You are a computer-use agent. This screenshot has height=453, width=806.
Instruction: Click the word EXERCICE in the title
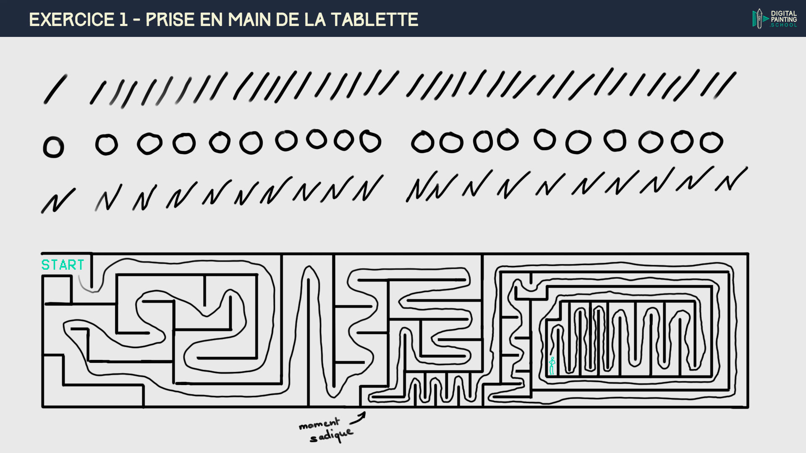tap(72, 20)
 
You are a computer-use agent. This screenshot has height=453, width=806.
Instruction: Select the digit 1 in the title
tap(123, 20)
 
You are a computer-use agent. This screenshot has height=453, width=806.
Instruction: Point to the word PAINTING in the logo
tap(784, 19)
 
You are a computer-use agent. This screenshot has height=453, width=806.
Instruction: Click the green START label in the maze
tap(63, 265)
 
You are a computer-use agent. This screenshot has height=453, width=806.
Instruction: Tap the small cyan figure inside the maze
tap(552, 366)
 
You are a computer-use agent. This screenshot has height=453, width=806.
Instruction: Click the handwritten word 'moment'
tap(319, 424)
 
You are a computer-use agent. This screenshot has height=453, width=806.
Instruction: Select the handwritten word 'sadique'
tap(332, 436)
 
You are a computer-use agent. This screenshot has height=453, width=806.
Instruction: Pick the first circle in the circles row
tap(53, 147)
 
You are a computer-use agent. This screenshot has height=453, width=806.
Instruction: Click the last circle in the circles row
tap(711, 143)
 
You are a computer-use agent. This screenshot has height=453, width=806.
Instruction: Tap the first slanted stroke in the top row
tap(55, 89)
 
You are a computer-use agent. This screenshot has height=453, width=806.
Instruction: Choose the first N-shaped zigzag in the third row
tap(58, 200)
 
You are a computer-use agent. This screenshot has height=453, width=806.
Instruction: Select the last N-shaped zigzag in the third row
tap(731, 180)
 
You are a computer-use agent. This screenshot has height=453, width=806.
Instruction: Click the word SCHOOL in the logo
tap(784, 25)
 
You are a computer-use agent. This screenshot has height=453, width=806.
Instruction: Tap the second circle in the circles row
tap(107, 145)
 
